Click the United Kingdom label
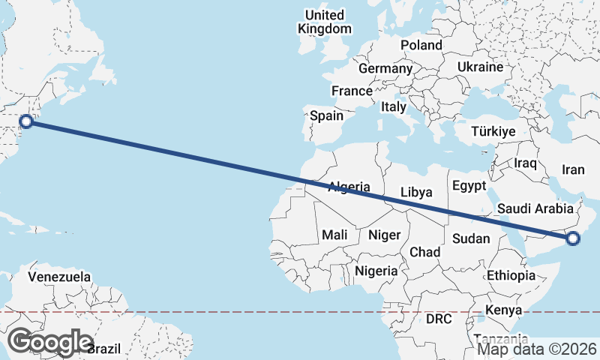(325, 22)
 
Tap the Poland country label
(421, 45)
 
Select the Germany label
(385, 68)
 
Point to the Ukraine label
(480, 67)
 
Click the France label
(352, 91)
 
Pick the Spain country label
(326, 115)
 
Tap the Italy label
(394, 107)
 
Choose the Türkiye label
(493, 131)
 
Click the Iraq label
(526, 163)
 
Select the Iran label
(573, 170)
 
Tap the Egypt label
(469, 185)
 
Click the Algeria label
(349, 186)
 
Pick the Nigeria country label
(376, 270)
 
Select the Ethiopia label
(511, 275)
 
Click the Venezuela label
(59, 277)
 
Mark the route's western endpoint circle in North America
(26, 121)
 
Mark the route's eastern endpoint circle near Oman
(573, 239)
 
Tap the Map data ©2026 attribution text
(537, 349)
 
